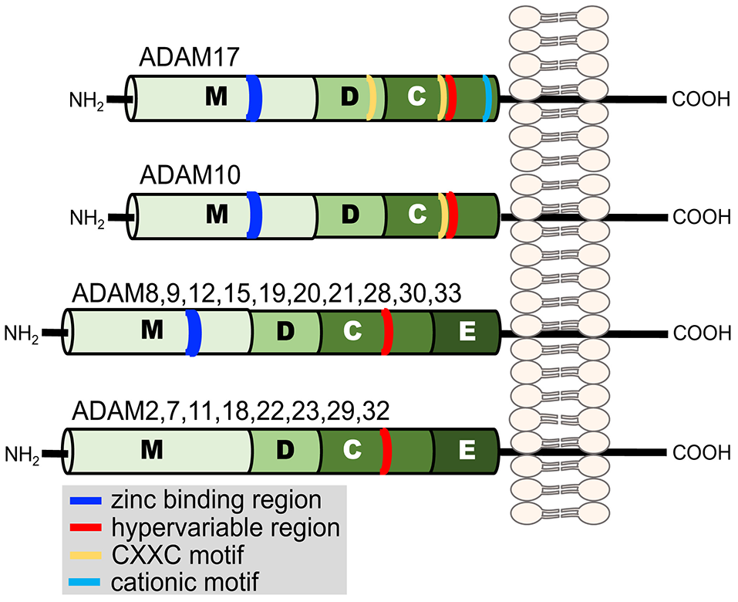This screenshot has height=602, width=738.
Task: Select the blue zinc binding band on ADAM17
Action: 254,98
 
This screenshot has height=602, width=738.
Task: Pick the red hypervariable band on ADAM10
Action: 452,215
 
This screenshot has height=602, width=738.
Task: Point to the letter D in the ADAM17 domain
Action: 350,97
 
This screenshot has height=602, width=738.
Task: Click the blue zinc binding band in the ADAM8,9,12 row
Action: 194,333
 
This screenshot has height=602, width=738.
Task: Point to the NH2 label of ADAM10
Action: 86,217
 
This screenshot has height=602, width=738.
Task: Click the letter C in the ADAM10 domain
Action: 416,214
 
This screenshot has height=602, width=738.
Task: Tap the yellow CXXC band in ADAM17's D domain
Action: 371,98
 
